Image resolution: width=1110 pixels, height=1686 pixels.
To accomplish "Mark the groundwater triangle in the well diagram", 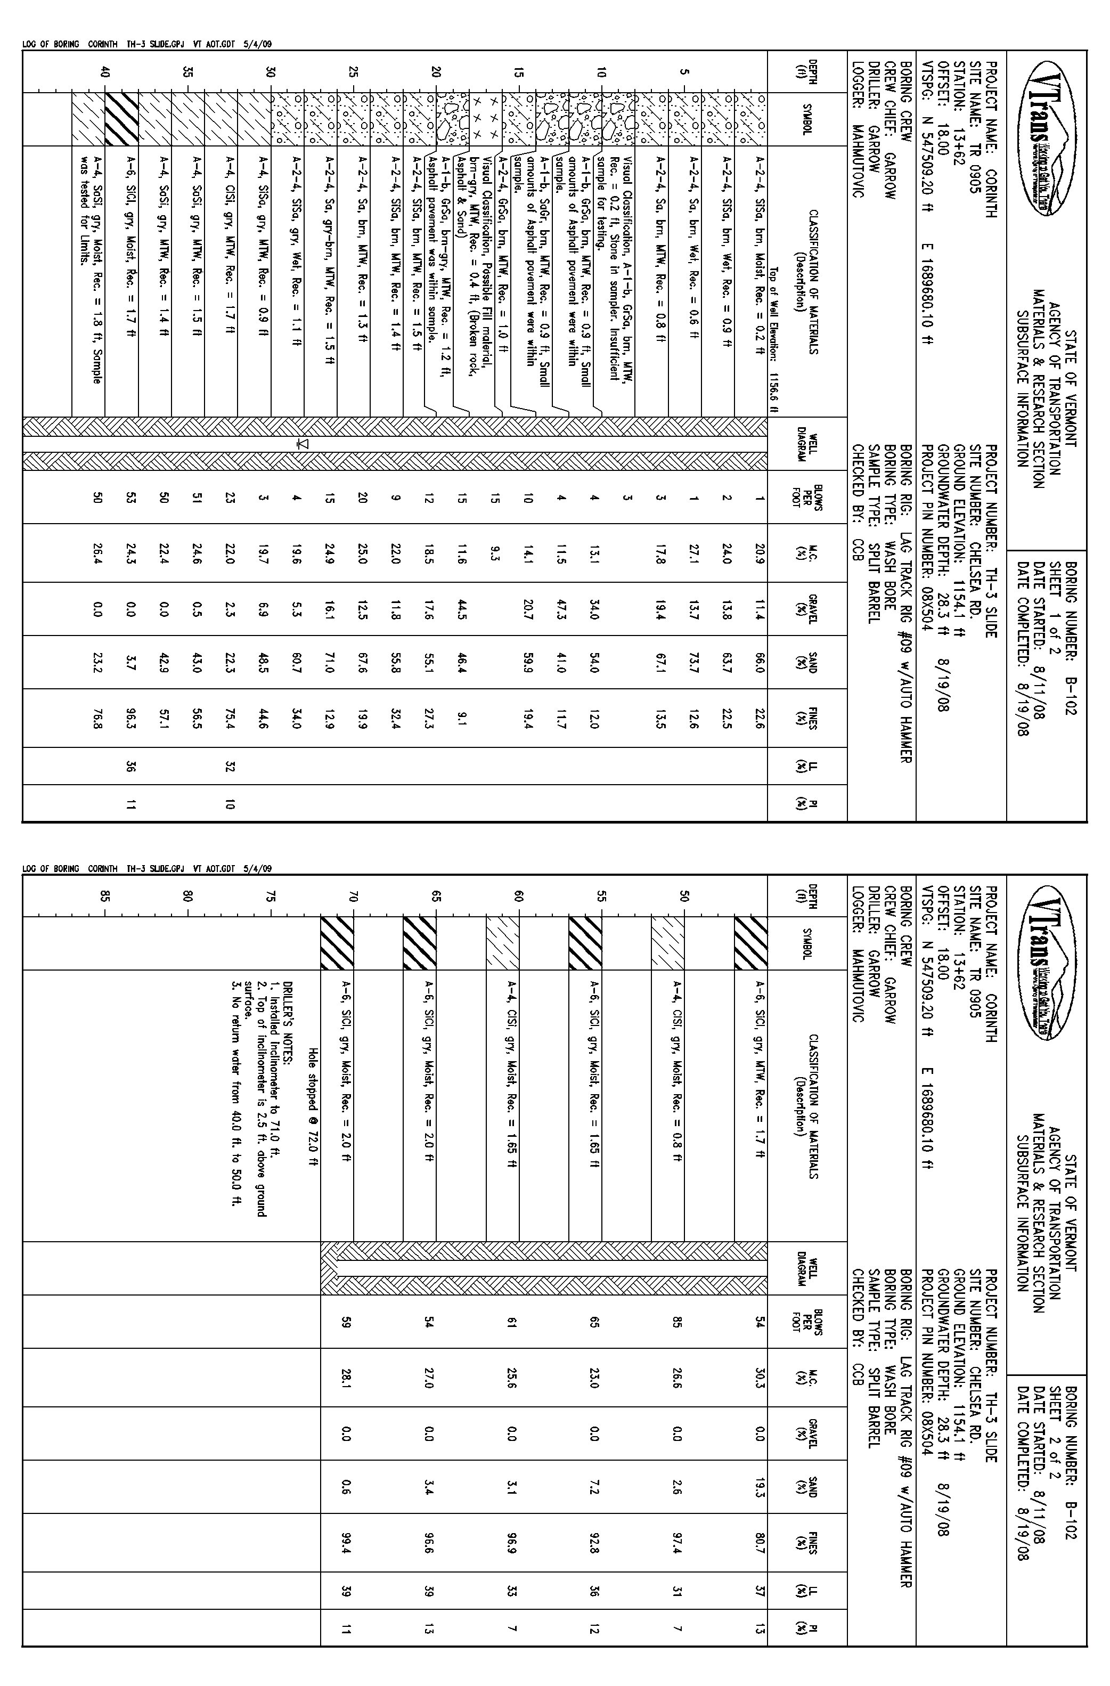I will (304, 443).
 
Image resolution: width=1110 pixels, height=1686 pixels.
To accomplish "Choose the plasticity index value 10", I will (230, 804).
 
